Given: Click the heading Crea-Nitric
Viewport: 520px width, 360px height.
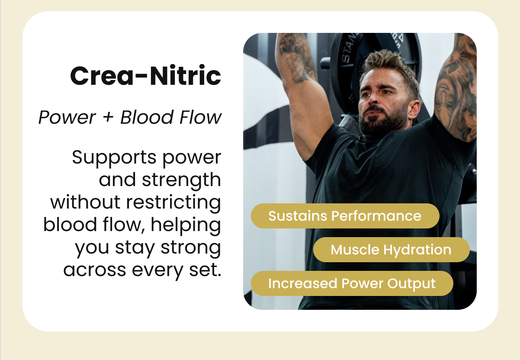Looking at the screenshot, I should point(145,76).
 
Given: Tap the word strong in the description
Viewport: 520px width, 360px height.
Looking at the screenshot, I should point(191,247).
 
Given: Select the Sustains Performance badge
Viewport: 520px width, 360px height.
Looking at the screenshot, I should point(345,216).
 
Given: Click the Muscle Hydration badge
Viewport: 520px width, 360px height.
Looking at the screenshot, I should point(391,250).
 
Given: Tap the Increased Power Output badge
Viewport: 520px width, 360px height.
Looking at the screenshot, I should point(352,283).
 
